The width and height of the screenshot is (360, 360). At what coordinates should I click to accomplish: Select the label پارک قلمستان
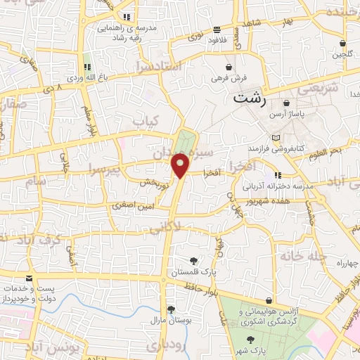click(x=193, y=272)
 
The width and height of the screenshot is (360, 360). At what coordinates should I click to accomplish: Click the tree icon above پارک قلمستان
click(x=193, y=261)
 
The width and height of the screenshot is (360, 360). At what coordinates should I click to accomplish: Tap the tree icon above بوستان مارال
click(x=169, y=309)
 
